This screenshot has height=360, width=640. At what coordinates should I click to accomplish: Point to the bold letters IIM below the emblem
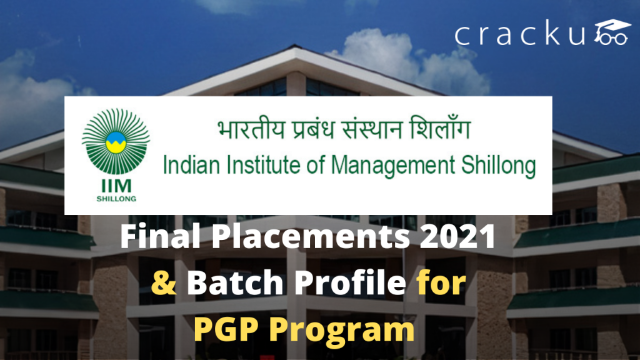pyautogui.click(x=116, y=187)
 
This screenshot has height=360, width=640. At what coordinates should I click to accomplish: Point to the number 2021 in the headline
pyautogui.click(x=456, y=238)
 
